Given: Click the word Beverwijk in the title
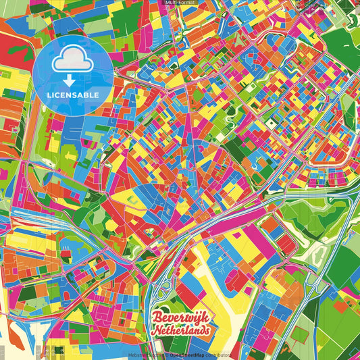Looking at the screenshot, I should (x=179, y=317).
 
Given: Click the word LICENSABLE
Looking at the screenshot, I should (x=72, y=94).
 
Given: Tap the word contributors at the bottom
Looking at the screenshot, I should (x=218, y=355).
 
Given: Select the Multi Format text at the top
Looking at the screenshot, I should (x=180, y=3).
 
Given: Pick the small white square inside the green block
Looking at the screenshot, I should (x=271, y=124).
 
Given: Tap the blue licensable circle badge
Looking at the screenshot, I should (x=72, y=74).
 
